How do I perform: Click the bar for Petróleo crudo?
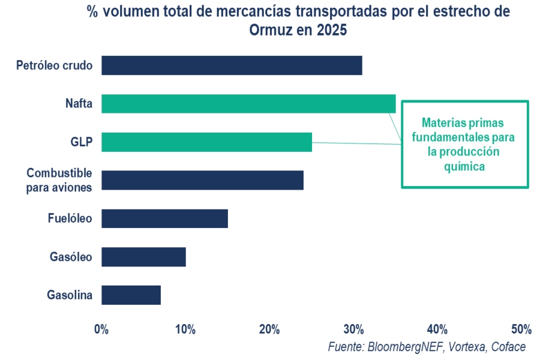232,65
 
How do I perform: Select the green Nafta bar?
248,104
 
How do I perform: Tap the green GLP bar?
206,142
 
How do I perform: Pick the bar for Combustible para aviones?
202,180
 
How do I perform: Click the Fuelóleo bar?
164,218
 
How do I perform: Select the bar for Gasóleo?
143,257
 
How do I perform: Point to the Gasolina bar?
131,295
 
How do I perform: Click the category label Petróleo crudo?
55,65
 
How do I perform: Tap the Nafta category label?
79,104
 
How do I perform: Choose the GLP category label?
82,142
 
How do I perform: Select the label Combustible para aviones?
59,180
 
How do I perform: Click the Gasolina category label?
70,295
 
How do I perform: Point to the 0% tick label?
101,329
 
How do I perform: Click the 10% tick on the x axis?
185,329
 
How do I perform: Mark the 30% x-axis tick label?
353,329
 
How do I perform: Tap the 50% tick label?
521,329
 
